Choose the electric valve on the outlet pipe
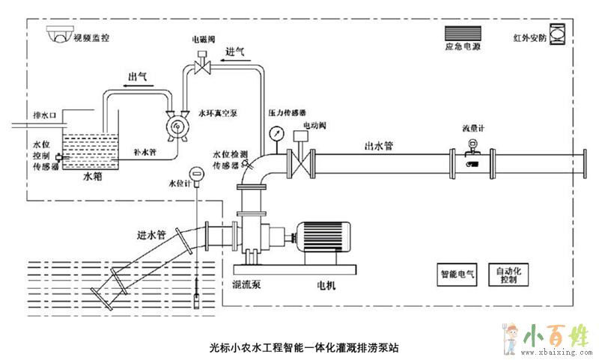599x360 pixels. coord(302,160)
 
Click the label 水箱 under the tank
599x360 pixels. coord(90,178)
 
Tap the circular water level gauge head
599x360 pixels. coord(195,175)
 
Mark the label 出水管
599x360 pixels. coord(379,147)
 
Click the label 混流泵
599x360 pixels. coord(246,285)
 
